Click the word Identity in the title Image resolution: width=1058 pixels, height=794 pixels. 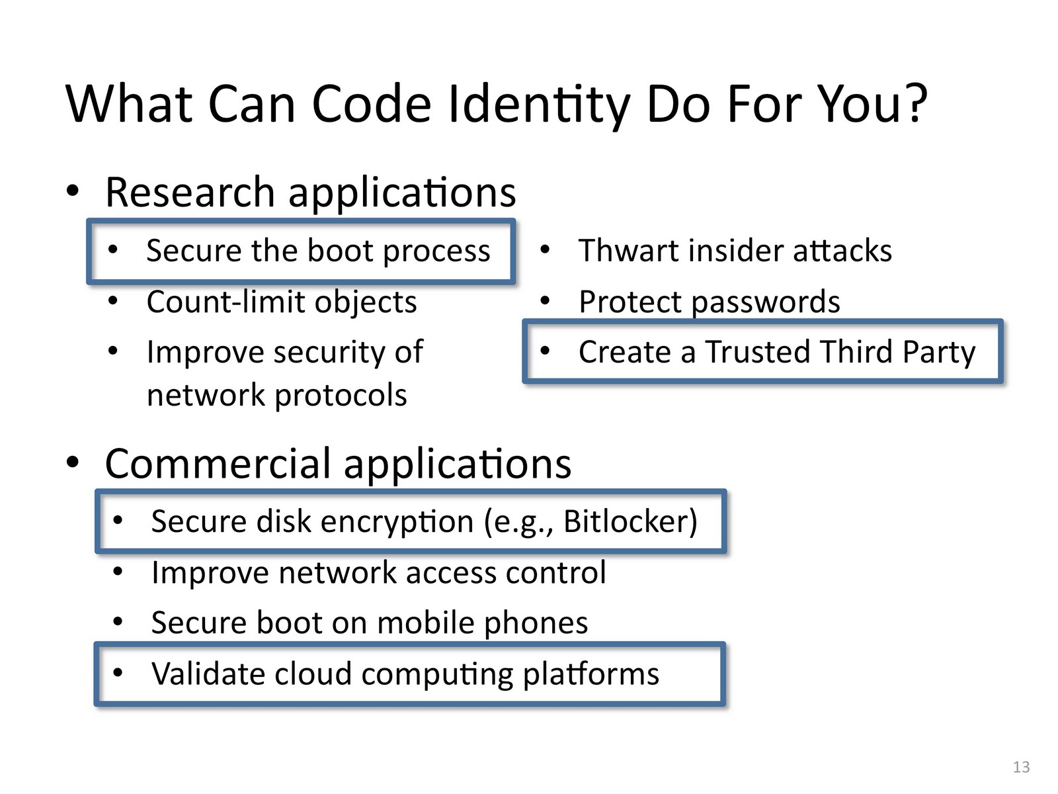pyautogui.click(x=539, y=105)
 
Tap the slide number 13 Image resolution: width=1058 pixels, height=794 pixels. pyautogui.click(x=1021, y=767)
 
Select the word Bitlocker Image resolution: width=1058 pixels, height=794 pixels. pyautogui.click(x=630, y=521)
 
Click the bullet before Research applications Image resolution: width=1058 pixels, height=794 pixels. pyautogui.click(x=73, y=191)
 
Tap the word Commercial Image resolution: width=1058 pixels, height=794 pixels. pyautogui.click(x=218, y=463)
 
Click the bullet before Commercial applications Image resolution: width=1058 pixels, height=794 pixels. pyautogui.click(x=73, y=462)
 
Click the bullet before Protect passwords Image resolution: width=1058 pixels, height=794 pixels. pyautogui.click(x=544, y=302)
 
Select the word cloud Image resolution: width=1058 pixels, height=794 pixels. pyautogui.click(x=313, y=674)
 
